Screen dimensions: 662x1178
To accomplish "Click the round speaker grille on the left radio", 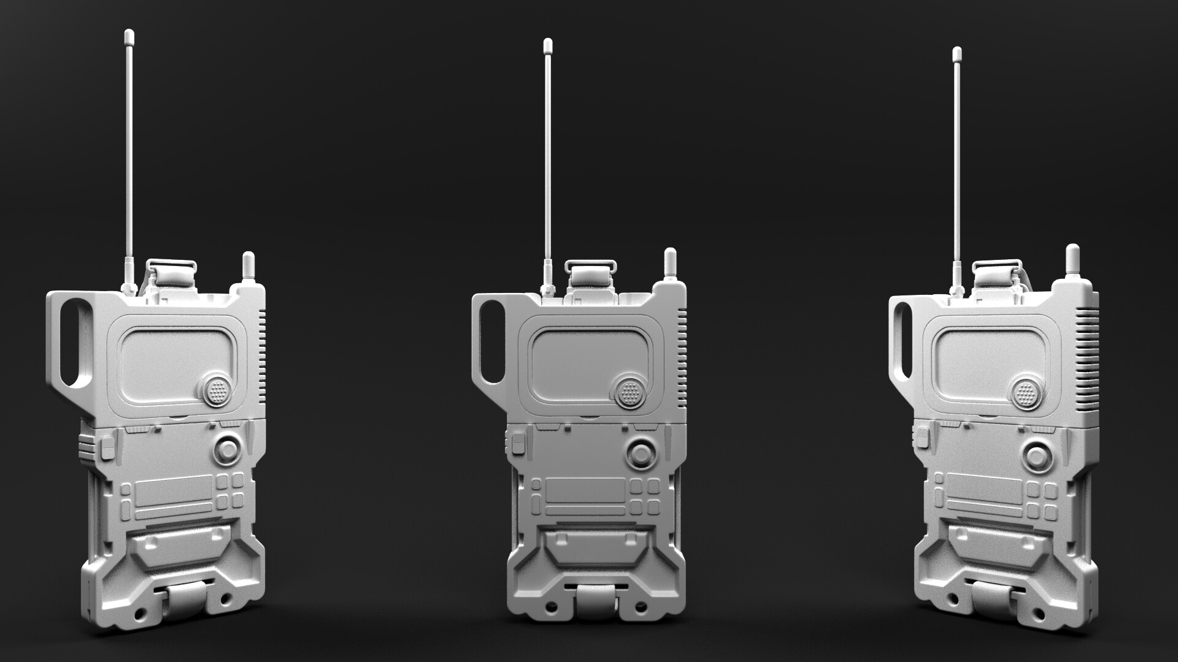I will [216, 390].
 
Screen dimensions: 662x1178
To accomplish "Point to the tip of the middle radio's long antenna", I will [547, 45].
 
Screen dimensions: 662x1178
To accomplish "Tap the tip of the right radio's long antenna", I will [956, 52].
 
